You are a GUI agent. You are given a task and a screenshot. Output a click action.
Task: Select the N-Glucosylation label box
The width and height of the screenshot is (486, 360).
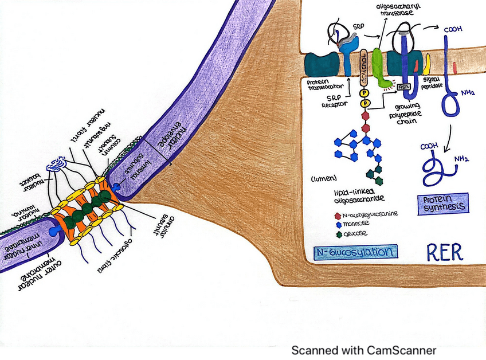(355, 252)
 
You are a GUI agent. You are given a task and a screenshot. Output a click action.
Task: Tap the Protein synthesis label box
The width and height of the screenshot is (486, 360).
(441, 203)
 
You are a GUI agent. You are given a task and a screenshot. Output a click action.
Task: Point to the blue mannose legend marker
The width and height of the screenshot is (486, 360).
(339, 224)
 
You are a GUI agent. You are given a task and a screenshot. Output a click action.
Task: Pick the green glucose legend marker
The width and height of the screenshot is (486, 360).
(339, 233)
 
